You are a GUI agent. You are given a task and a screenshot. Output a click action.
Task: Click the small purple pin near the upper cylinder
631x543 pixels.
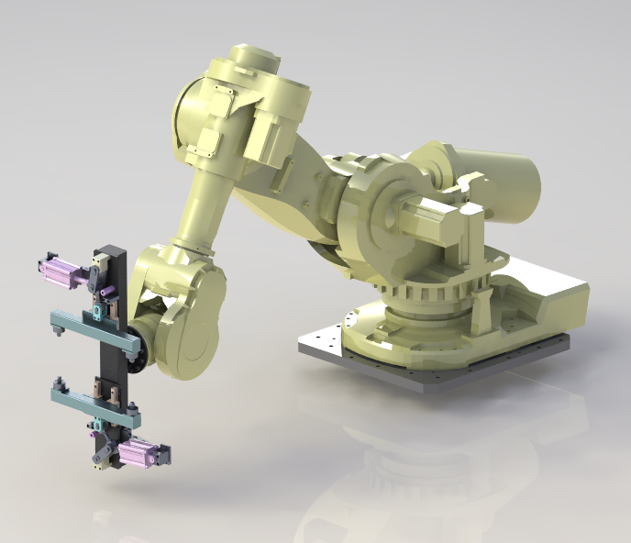click(x=107, y=296)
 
